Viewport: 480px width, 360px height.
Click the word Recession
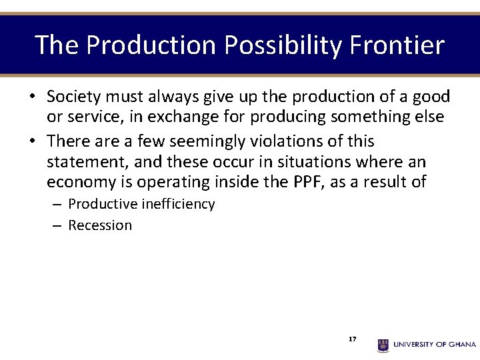(x=100, y=225)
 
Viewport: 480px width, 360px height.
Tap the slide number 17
(x=352, y=339)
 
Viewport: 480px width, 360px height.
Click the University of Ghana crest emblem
(x=383, y=345)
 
